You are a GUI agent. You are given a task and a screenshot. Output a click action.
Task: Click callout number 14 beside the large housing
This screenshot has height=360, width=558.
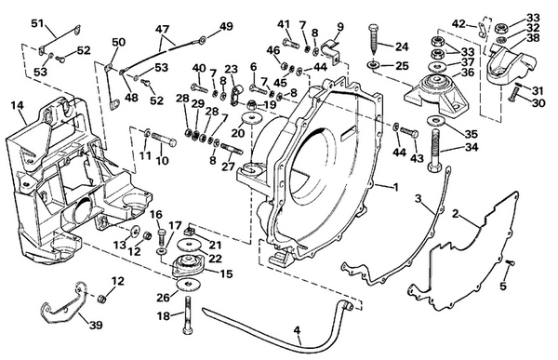coord(17,107)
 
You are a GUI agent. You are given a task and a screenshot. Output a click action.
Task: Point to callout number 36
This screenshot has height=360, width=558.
coord(466,73)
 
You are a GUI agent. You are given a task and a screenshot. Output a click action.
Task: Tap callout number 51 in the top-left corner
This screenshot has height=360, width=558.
coord(37,22)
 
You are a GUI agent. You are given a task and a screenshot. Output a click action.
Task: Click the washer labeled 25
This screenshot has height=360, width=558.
coord(372,66)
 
